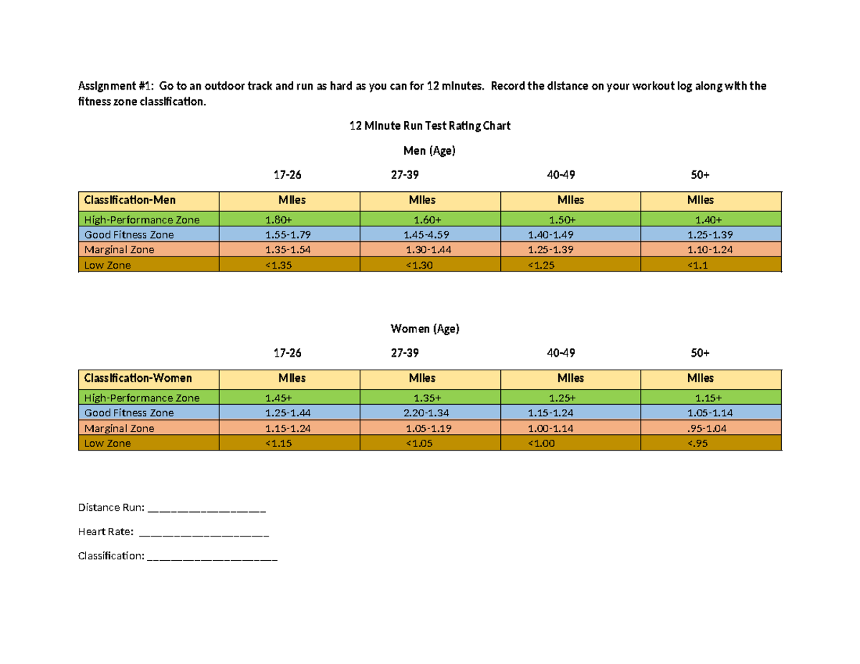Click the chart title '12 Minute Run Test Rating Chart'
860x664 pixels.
(x=429, y=126)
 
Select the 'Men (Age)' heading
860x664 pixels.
(x=430, y=151)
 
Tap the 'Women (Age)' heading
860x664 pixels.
(x=429, y=329)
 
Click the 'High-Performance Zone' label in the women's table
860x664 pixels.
(x=142, y=398)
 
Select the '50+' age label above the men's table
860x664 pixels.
(x=699, y=175)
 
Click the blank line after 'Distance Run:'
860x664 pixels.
(x=206, y=510)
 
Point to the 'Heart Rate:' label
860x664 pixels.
(x=105, y=531)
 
